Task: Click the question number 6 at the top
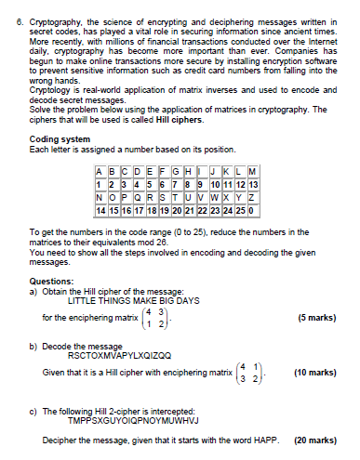pyautogui.click(x=8, y=19)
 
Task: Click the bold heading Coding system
pyautogui.click(x=58, y=139)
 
